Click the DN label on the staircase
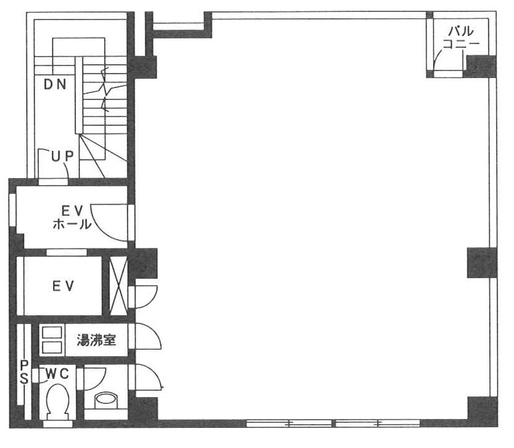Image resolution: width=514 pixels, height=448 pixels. coord(55,84)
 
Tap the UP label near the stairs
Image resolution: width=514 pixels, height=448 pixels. coord(62,157)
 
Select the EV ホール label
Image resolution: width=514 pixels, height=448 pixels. coord(72,217)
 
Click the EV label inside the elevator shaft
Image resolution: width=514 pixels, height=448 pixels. coord(64,286)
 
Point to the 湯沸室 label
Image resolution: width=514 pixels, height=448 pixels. coord(96,340)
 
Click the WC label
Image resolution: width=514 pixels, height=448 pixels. coord(57,374)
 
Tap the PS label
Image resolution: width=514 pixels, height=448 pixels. coord(25,372)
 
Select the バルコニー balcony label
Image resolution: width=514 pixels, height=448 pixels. coord(461,37)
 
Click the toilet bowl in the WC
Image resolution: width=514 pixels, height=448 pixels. coord(58,402)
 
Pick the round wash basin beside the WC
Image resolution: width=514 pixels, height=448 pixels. coord(106,400)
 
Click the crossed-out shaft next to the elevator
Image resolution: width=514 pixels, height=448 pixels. coord(118,286)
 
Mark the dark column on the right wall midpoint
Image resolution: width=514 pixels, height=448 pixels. coord(481,263)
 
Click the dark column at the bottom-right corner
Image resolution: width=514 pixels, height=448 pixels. coord(482,412)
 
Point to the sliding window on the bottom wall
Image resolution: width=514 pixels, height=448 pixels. coord(333,423)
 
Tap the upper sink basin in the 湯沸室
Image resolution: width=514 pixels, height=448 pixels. coord(52,332)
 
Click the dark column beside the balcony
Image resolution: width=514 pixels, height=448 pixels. coord(481,67)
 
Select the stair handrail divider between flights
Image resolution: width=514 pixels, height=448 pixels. coord(79,95)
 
